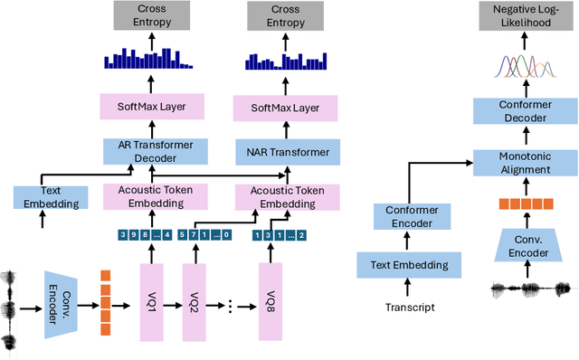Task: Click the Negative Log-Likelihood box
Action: click(x=524, y=15)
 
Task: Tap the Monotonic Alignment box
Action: click(x=524, y=164)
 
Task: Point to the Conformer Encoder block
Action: click(x=411, y=217)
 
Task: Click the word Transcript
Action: click(x=411, y=308)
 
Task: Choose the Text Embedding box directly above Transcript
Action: click(x=411, y=265)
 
